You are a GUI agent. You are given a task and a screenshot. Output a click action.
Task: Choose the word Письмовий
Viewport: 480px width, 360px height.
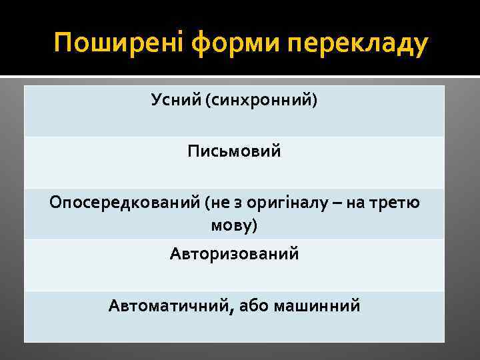coord(234,152)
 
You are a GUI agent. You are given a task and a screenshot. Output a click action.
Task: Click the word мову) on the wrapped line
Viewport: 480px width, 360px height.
coord(234,225)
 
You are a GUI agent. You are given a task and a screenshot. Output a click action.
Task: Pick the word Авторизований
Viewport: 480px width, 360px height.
coord(234,254)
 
